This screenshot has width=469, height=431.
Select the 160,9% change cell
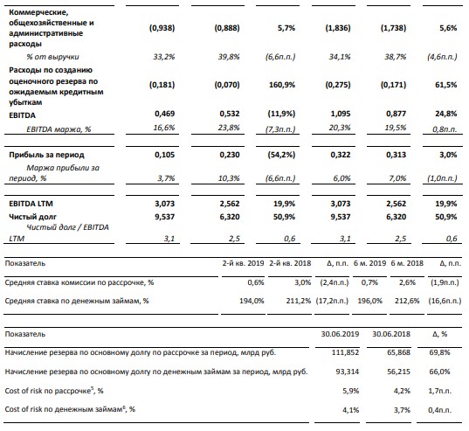pos(282,85)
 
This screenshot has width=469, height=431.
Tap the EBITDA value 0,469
pos(164,114)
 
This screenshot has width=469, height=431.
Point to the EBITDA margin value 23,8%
pos(229,128)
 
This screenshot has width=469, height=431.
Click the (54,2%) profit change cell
pos(281,155)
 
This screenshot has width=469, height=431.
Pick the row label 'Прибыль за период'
pos(46,155)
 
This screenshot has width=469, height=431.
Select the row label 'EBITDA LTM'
pos(31,204)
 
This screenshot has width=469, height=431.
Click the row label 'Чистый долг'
pos(32,217)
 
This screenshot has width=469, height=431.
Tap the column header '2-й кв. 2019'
pos(243,263)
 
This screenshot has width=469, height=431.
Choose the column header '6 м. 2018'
pos(407,263)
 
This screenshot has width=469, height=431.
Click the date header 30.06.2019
pos(340,334)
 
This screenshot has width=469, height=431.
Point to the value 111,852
pos(345,352)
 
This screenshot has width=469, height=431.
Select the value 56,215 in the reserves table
pos(399,372)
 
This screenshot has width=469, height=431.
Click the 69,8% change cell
pos(439,352)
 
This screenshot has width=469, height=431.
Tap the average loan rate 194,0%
pos(252,301)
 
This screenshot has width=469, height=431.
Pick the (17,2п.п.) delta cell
pos(332,301)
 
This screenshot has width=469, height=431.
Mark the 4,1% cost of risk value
pos(350,410)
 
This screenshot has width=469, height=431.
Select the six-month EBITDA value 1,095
pos(341,114)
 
